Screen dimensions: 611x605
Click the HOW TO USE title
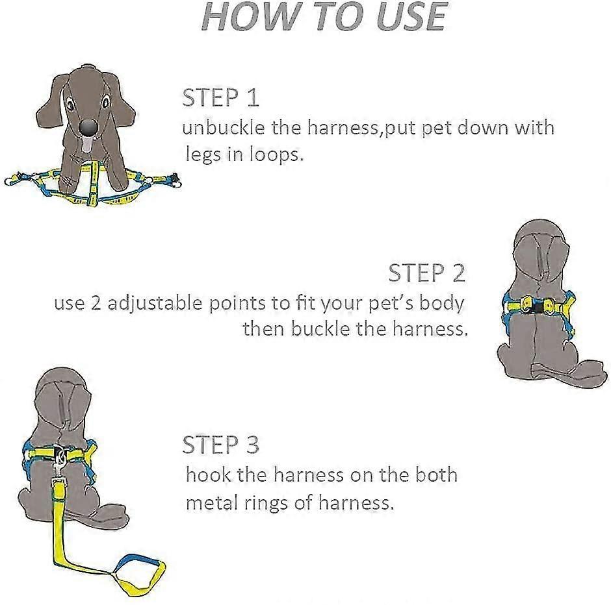324,16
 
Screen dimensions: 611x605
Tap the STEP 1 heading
220,97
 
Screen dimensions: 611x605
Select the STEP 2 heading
426,273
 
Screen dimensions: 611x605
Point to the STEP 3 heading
220,444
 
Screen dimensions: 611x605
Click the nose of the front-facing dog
88,127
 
